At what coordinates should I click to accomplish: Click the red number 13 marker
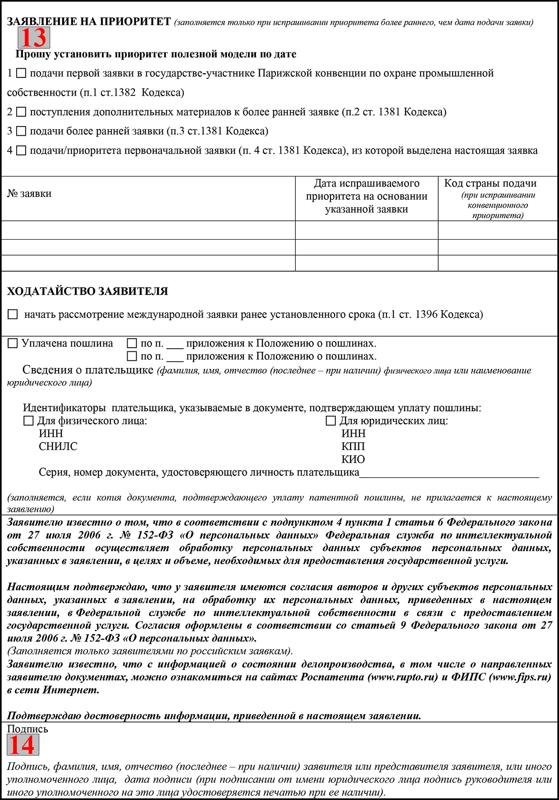pyautogui.click(x=34, y=38)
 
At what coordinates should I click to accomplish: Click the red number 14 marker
pyautogui.click(x=23, y=745)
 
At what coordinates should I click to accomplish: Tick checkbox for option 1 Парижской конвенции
pyautogui.click(x=21, y=73)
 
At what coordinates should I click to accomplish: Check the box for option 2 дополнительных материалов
pyautogui.click(x=21, y=112)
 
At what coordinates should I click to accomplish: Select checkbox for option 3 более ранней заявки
pyautogui.click(x=21, y=132)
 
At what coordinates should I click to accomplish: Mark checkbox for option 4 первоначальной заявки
pyautogui.click(x=21, y=151)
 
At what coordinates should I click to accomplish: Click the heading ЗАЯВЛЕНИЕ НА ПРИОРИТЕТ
pyautogui.click(x=89, y=22)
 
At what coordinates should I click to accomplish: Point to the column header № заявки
pyautogui.click(x=29, y=194)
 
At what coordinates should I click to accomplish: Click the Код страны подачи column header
pyautogui.click(x=490, y=184)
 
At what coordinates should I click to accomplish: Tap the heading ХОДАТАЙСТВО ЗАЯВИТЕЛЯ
pyautogui.click(x=87, y=291)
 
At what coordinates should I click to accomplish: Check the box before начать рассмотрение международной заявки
pyautogui.click(x=13, y=315)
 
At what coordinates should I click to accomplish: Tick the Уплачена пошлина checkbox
pyautogui.click(x=13, y=344)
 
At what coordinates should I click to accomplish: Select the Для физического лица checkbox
pyautogui.click(x=28, y=421)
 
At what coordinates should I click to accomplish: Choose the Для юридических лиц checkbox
pyautogui.click(x=331, y=421)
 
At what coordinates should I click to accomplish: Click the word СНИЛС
pyautogui.click(x=58, y=447)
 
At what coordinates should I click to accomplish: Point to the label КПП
pyautogui.click(x=353, y=447)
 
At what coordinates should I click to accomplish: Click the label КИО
pyautogui.click(x=353, y=459)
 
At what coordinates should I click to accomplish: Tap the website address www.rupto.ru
pyautogui.click(x=403, y=677)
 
